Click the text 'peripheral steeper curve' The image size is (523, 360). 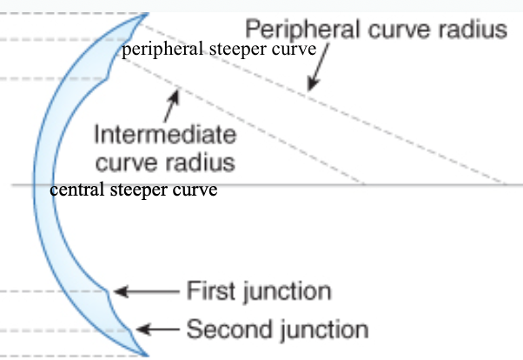218,49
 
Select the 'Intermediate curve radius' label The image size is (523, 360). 164,149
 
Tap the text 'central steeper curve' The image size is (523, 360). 133,189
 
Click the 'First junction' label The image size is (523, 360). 259,290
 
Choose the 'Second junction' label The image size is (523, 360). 277,330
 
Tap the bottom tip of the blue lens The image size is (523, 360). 146,353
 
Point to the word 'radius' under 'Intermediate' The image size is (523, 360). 208,162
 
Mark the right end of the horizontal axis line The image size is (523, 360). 520,184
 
